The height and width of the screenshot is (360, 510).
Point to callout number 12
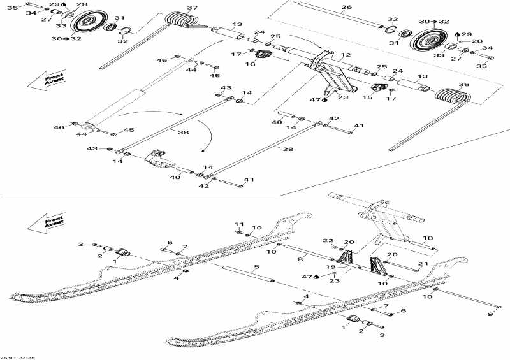(346, 55)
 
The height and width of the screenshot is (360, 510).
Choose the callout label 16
(251, 64)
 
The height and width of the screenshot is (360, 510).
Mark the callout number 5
(256, 267)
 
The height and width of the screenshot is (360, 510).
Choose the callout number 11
(239, 224)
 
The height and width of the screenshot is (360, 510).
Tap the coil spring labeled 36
(453, 97)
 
